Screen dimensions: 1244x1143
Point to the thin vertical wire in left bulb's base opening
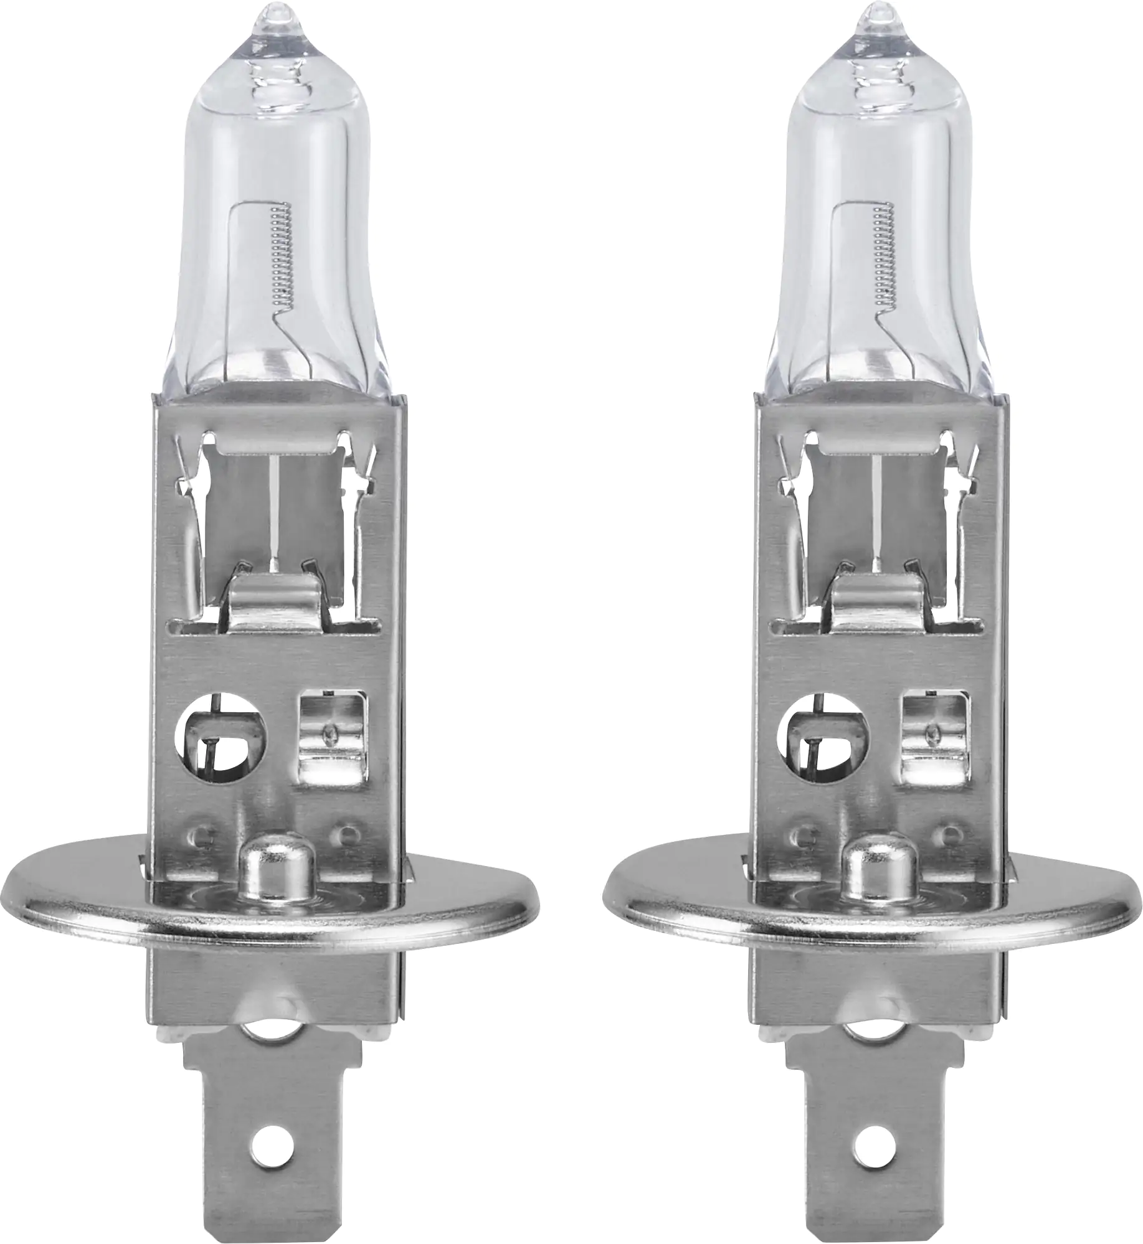275,511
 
